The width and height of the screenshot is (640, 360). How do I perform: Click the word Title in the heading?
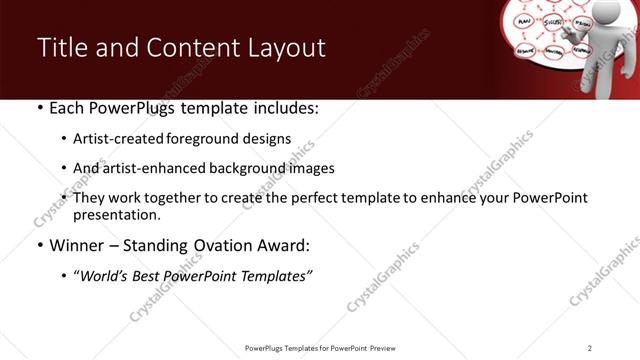click(60, 48)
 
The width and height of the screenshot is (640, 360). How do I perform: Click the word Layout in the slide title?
click(288, 48)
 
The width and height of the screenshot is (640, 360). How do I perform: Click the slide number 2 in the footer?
click(589, 347)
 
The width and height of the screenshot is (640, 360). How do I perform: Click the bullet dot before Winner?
click(38, 245)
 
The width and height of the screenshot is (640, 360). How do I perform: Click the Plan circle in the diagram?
click(521, 17)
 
